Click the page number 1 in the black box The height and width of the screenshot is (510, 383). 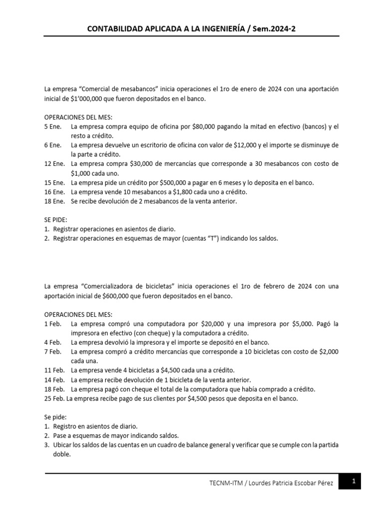353,482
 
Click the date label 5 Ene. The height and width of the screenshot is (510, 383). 54,127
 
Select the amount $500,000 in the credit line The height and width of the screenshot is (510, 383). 170,182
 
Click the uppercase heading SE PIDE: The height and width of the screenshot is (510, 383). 56,220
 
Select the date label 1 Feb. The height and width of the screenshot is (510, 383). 53,324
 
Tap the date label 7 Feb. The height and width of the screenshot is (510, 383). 53,352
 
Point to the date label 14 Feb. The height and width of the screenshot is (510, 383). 54,380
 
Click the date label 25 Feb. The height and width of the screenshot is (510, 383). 54,398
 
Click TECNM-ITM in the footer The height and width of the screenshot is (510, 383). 226,483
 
